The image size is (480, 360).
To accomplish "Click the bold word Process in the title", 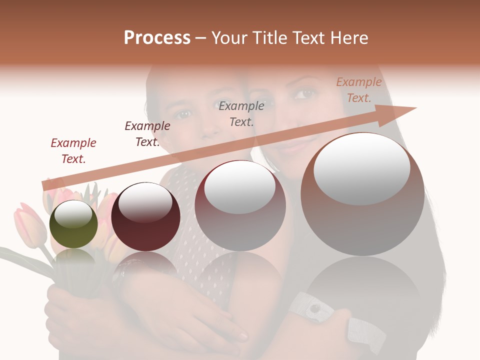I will pyautogui.click(x=157, y=38).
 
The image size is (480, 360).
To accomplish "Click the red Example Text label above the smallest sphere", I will pyautogui.click(x=73, y=151).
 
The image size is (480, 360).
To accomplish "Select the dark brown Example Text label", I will pyautogui.click(x=147, y=134).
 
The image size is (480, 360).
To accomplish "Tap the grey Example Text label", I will pyautogui.click(x=241, y=113).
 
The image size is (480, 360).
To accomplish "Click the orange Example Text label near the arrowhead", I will pyautogui.click(x=358, y=90).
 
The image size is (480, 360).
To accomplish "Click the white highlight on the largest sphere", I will pyautogui.click(x=361, y=169).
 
